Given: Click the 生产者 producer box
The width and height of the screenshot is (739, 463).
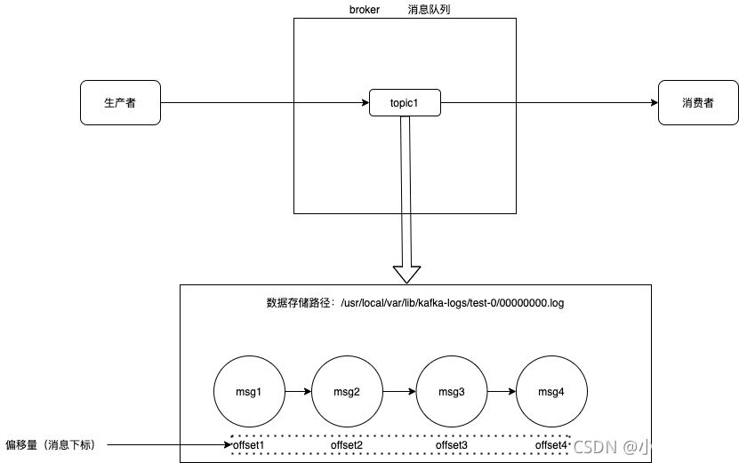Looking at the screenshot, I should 120,103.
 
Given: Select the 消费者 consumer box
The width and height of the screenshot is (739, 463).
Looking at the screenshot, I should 697,103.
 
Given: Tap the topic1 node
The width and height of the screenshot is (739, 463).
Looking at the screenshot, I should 405,103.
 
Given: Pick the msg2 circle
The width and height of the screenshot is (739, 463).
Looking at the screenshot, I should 347,392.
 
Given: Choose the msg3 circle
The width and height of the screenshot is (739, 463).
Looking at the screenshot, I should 452,392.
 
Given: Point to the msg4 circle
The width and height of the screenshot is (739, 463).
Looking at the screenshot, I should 551,392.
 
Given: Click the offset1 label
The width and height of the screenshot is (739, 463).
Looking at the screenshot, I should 249,444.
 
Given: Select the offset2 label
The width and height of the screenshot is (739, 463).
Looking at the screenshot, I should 347,444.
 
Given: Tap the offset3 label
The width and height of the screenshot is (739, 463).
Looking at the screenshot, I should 452,444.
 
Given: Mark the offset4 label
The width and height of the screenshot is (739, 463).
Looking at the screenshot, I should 550,444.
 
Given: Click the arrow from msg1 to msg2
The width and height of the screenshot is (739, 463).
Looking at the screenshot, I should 298,391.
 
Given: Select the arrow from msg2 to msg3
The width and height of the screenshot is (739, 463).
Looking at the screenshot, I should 399,391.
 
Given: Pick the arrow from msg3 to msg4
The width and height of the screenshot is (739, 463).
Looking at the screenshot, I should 502,391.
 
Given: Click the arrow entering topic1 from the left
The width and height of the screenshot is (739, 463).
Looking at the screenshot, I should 331,103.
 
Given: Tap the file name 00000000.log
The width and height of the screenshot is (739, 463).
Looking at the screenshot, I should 531,303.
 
